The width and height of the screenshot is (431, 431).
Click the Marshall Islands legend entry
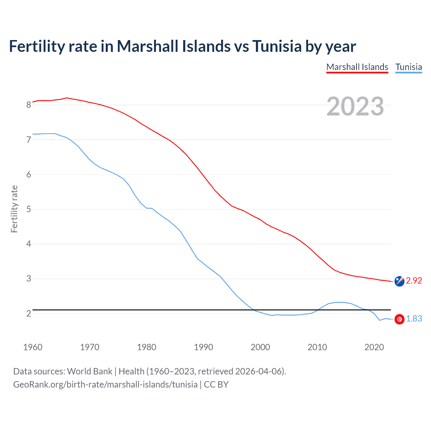click(357, 67)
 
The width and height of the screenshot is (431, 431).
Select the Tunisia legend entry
click(408, 67)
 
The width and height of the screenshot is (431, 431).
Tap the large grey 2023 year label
click(355, 106)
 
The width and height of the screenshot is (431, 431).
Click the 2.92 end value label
click(414, 280)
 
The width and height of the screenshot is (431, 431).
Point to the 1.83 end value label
click(414, 319)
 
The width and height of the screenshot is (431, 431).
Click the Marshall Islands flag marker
click(399, 281)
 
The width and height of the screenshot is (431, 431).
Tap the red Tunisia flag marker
click(399, 319)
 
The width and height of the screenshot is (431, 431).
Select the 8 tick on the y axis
click(29, 105)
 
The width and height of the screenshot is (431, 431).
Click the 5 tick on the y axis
click(29, 209)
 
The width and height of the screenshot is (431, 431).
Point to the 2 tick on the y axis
click(29, 313)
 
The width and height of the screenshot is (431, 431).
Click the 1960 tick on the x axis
click(33, 347)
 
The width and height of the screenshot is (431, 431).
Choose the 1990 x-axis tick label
click(203, 347)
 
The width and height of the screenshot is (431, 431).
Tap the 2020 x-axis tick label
click(374, 347)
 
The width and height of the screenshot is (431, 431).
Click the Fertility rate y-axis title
click(14, 209)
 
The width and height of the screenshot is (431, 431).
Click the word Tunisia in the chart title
click(277, 46)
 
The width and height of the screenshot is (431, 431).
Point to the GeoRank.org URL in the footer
click(105, 385)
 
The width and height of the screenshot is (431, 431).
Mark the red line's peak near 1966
click(67, 98)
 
